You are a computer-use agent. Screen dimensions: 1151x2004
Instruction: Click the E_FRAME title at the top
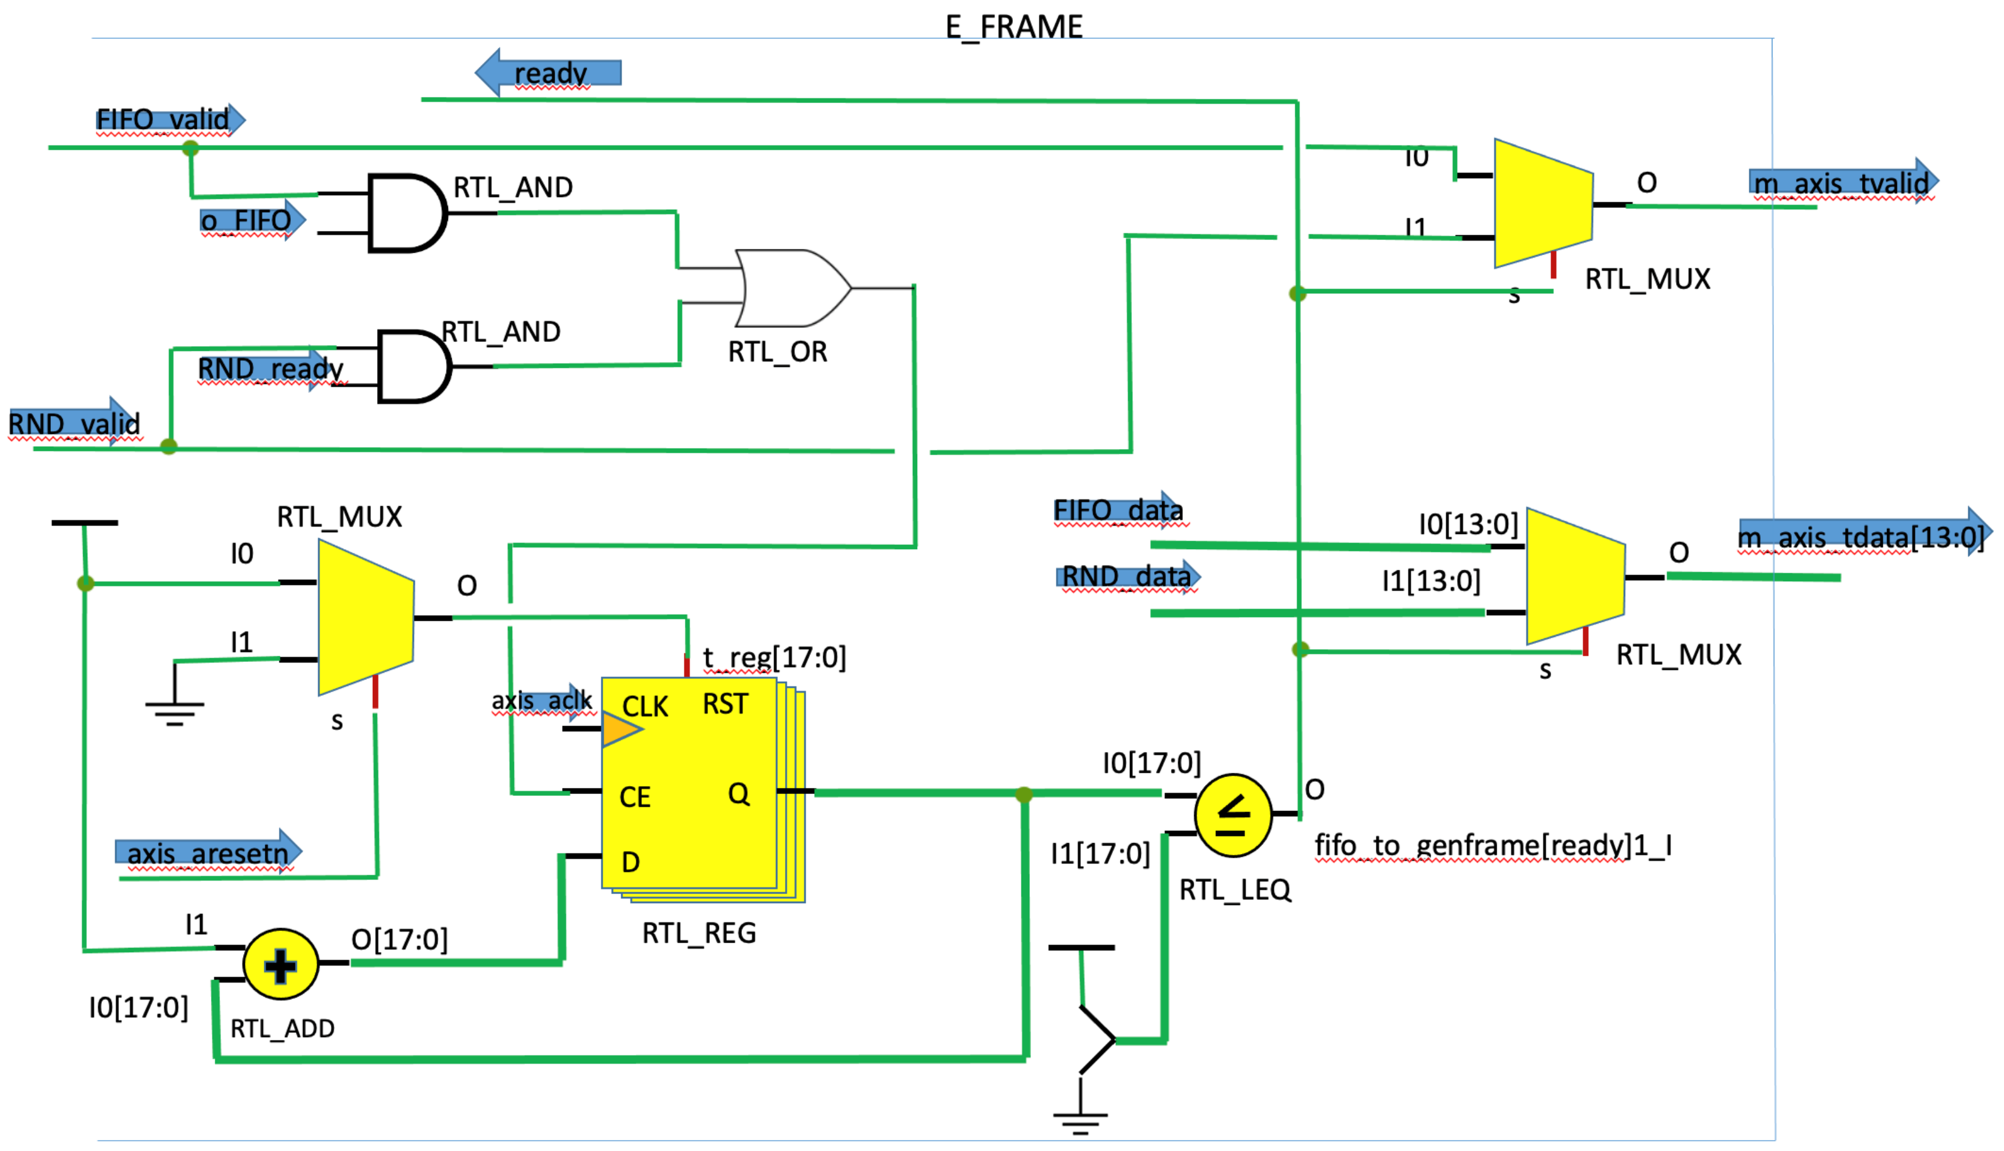[1014, 27]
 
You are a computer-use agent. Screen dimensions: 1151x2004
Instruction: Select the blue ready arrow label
[549, 73]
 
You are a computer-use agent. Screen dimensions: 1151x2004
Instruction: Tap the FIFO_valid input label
[164, 119]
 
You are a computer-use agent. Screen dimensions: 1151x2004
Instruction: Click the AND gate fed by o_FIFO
[406, 213]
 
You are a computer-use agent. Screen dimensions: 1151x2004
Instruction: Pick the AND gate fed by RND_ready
[413, 367]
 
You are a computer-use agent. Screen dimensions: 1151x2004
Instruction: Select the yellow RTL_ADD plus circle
[281, 964]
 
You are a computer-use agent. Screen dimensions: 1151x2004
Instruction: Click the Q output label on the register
[738, 793]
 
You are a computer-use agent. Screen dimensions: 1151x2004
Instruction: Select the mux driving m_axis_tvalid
[1542, 204]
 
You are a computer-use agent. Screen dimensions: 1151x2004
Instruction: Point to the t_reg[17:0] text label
[774, 657]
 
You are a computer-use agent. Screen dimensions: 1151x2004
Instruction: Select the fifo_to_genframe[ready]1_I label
[1492, 845]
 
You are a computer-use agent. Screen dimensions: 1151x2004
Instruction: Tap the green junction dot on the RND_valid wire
[169, 447]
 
